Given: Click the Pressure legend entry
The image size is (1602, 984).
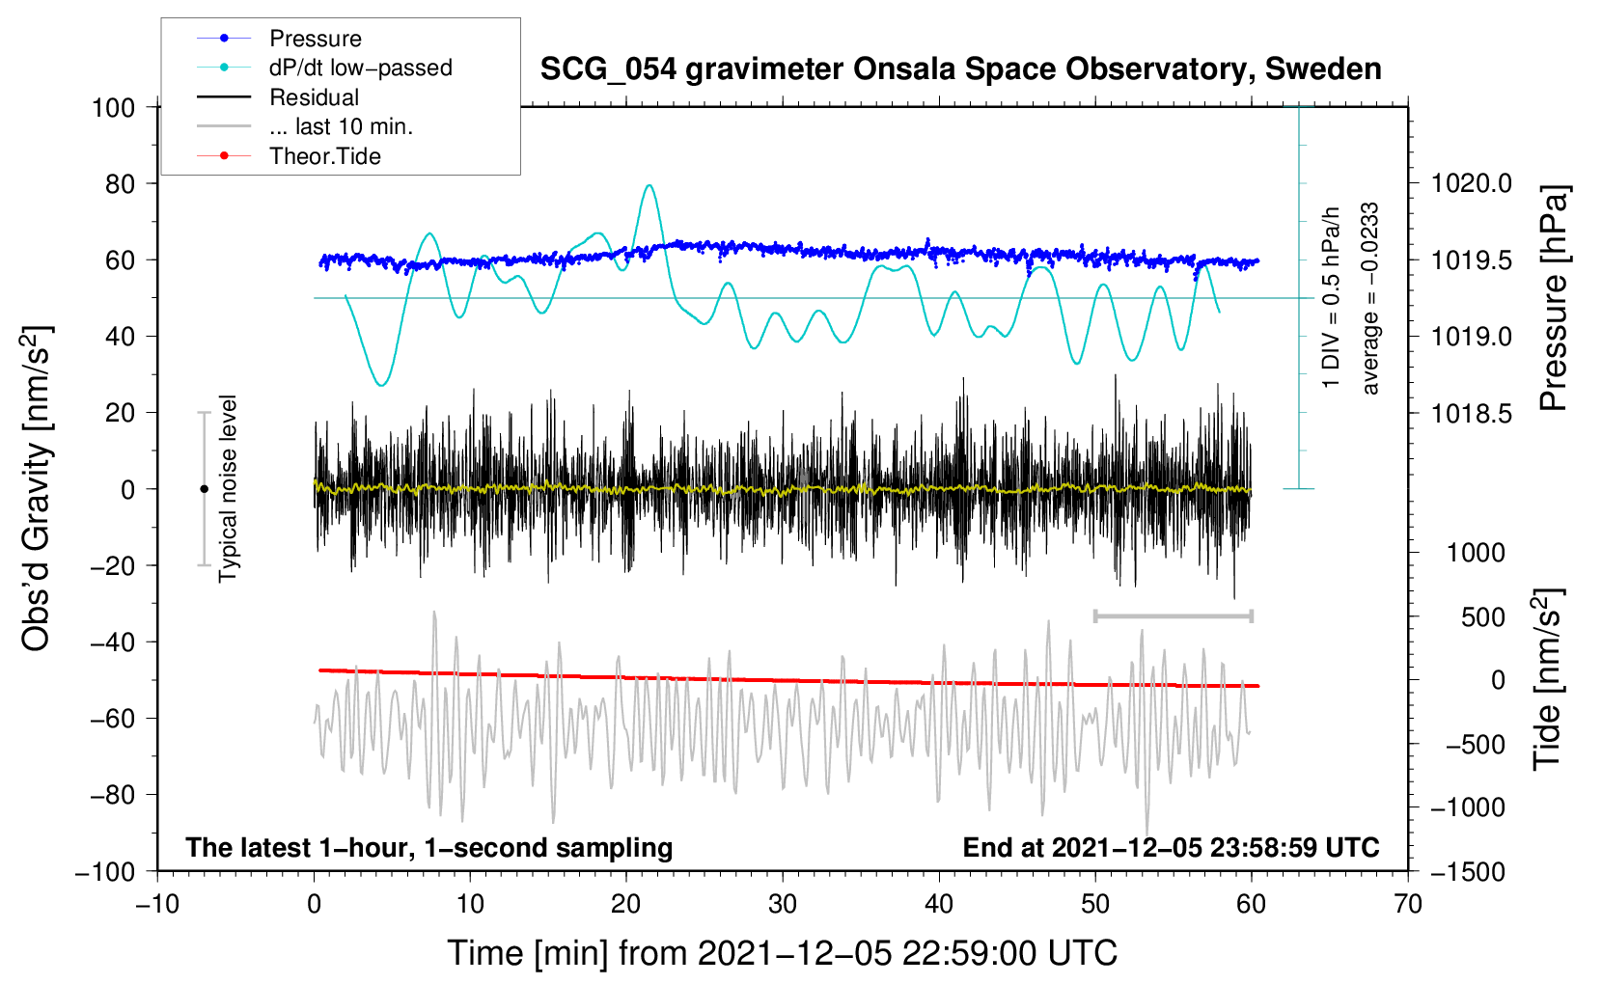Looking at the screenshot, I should coord(315,39).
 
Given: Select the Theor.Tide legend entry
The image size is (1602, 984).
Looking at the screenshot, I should coord(324,156).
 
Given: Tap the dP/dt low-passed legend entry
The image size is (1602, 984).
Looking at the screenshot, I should coord(360,68).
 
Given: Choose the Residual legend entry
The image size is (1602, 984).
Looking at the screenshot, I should coord(314,97).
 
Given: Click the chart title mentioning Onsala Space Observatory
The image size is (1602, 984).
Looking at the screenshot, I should coord(960,69).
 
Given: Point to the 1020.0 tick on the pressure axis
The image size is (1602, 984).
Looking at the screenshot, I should coord(1471,183).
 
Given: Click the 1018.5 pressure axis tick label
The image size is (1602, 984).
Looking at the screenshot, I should coord(1471,414).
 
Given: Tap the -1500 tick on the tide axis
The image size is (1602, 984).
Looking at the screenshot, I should coord(1467,871).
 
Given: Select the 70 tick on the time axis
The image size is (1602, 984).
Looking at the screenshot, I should coord(1408,904).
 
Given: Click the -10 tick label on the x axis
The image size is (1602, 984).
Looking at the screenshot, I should coord(157,904).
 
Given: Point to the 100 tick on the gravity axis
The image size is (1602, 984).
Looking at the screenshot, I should coord(113,107).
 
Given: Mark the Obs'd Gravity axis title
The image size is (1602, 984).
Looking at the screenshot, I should coord(36,489).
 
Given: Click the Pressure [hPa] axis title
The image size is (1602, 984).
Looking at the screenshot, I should coord(1553,298).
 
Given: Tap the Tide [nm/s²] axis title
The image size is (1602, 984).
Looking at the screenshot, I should coord(1547,680).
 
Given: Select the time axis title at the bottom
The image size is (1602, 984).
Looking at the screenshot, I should coord(782,953).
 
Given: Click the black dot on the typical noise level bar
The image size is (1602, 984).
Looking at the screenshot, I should coord(204,489).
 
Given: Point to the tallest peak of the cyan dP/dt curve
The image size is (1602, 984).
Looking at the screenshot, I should coord(649,185).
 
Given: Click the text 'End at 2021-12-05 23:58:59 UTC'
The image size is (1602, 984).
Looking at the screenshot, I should coord(1171,847).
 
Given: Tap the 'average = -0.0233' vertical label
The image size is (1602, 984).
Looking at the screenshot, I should coord(1370,298).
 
